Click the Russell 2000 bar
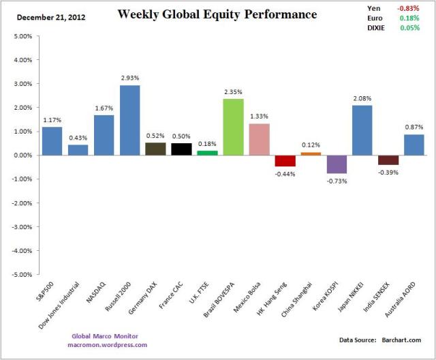click(x=130, y=120)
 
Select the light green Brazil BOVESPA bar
click(x=234, y=127)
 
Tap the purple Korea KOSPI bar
click(x=337, y=164)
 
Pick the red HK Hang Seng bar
click(x=285, y=160)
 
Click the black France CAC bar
click(x=182, y=149)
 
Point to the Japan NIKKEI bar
click(x=362, y=130)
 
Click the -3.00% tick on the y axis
click(x=20, y=227)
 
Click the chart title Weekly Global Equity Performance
click(x=217, y=14)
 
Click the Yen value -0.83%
click(x=417, y=8)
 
